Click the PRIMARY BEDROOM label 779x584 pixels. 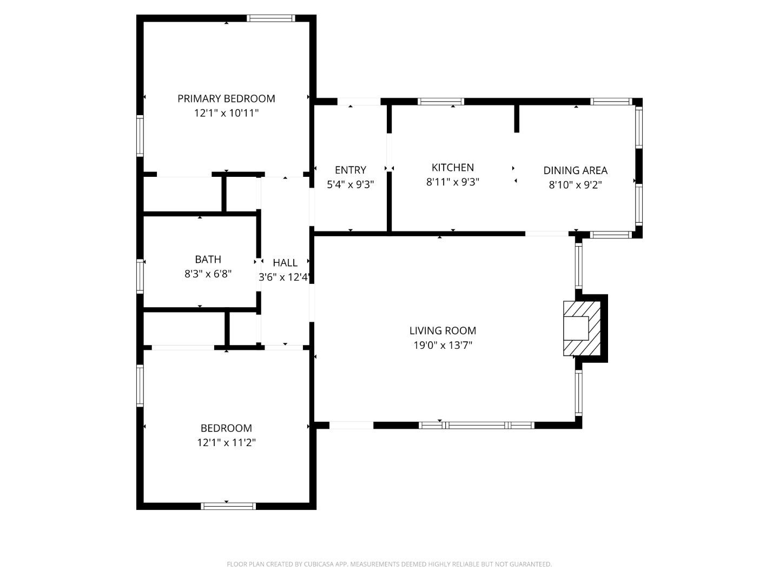point(226,98)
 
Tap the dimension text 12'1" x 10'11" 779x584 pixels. point(226,113)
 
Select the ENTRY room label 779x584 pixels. point(350,170)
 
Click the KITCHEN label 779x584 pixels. point(453,168)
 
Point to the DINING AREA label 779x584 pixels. point(575,170)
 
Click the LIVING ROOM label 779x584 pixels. point(443,330)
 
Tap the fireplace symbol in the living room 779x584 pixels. point(582,328)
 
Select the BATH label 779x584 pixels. point(208,260)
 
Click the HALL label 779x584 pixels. point(285,263)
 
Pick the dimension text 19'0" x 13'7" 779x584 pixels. point(443,345)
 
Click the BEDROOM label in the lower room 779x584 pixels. point(226,428)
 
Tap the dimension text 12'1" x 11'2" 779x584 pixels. point(226,442)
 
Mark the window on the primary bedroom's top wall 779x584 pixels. point(270,18)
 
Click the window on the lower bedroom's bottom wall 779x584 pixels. point(228,506)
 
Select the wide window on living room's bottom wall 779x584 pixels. point(477,426)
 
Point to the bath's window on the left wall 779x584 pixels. point(140,276)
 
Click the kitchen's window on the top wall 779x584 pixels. point(441,102)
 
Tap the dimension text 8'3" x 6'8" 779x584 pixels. point(208,274)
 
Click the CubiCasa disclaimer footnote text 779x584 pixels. point(389,564)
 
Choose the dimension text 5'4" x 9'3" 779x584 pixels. point(350,184)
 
